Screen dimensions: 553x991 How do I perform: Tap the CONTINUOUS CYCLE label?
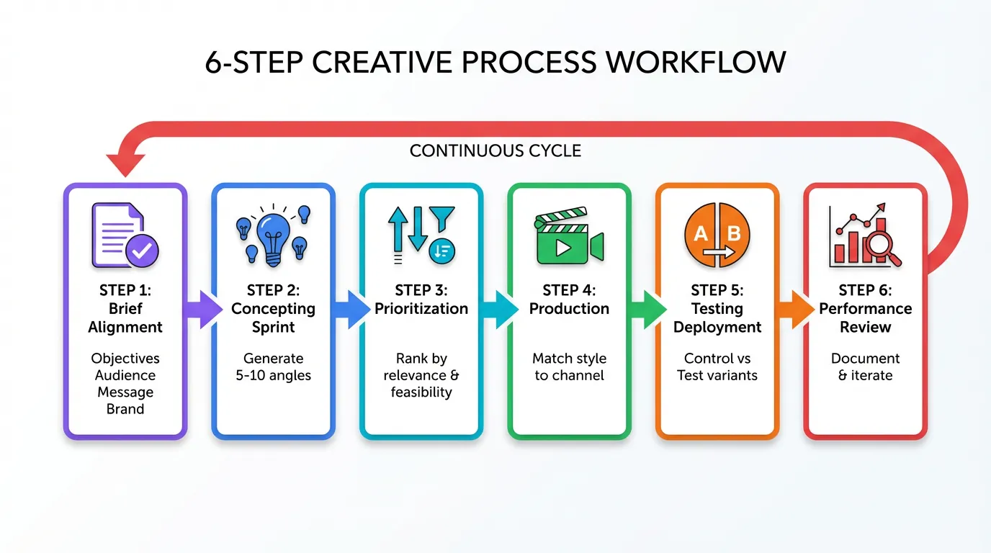(x=495, y=151)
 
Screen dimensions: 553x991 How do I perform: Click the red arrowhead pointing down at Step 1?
(x=125, y=164)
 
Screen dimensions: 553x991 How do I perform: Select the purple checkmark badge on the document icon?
(x=142, y=250)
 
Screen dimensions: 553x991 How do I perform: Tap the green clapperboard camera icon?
(x=569, y=238)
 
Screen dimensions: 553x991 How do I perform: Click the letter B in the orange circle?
(x=734, y=233)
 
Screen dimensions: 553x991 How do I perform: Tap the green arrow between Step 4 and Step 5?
(x=645, y=310)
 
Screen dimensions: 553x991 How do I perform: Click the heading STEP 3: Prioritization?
(x=421, y=300)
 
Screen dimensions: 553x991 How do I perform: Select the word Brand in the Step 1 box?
(x=125, y=409)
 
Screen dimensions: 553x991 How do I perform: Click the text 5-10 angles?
(x=274, y=375)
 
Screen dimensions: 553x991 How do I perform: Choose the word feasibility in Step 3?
(x=421, y=392)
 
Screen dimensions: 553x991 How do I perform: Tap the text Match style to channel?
(x=569, y=367)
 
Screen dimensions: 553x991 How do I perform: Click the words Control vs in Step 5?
(x=717, y=358)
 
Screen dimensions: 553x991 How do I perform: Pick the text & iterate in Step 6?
(x=865, y=375)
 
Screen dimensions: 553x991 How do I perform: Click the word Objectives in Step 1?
(x=125, y=358)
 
